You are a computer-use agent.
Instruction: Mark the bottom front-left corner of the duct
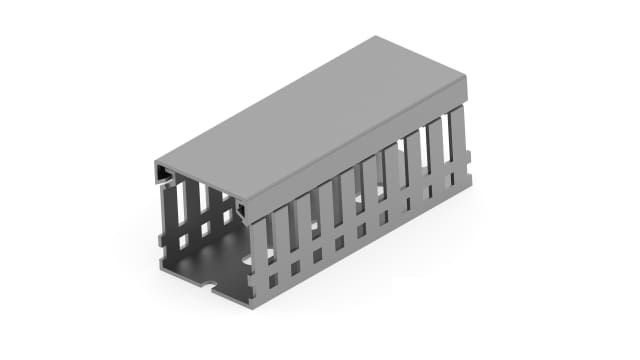[159, 267]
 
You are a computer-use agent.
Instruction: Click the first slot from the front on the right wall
[273, 240]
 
